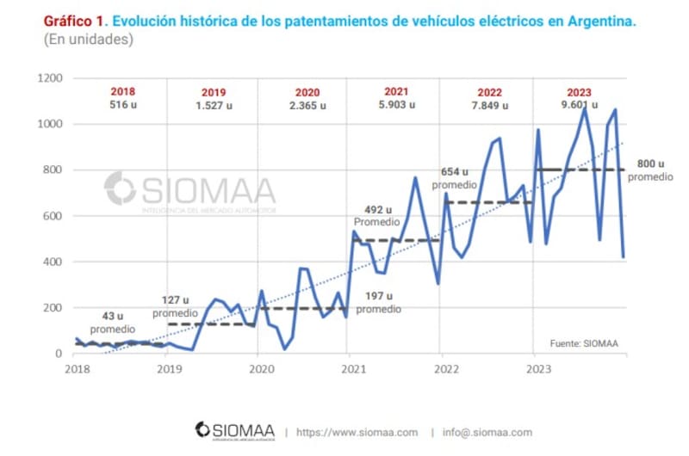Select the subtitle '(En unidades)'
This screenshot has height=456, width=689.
[x=88, y=40]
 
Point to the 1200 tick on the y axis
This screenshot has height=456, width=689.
[x=51, y=78]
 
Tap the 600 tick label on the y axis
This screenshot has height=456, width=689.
[x=54, y=216]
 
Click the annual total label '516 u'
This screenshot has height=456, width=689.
[x=122, y=105]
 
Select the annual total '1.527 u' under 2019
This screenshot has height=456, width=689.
[x=214, y=106]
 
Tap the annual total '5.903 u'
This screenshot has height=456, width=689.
[x=397, y=105]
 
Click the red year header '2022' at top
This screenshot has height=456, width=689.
[x=489, y=92]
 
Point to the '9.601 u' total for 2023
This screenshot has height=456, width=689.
[x=578, y=105]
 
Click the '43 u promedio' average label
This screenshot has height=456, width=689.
[x=112, y=323]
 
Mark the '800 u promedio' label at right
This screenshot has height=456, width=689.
[x=650, y=169]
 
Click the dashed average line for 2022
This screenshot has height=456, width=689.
[x=487, y=202]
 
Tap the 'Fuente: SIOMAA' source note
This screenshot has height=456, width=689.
[x=584, y=343]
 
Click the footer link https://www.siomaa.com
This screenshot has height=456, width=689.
[x=357, y=432]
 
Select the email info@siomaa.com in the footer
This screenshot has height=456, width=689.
[x=487, y=432]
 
